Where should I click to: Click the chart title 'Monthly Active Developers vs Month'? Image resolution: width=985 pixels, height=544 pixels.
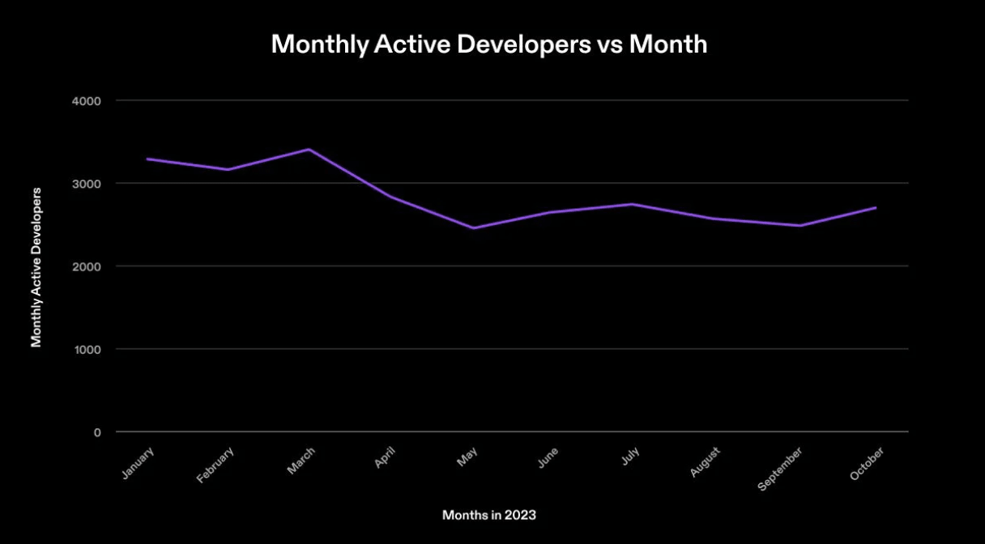[489, 44]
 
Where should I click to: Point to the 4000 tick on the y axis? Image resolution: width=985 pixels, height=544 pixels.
[86, 101]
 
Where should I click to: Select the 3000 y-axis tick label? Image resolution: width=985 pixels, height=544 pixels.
[86, 184]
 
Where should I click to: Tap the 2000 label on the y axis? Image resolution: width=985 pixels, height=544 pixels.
[86, 266]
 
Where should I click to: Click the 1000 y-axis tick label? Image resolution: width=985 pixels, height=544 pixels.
[86, 350]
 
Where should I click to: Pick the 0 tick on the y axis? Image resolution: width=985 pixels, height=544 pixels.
[97, 432]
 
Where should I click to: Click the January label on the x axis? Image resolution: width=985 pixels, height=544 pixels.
[138, 464]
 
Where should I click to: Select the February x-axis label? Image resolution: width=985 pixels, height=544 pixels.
[215, 465]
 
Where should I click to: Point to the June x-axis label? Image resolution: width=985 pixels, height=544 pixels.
[548, 459]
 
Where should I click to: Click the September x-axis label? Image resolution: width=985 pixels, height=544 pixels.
[780, 469]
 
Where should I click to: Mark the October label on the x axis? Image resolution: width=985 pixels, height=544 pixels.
[867, 463]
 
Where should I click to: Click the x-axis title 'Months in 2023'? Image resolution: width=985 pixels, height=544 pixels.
[489, 515]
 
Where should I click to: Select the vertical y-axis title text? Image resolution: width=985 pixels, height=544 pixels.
[36, 266]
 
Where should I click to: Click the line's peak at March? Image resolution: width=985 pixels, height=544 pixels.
[309, 150]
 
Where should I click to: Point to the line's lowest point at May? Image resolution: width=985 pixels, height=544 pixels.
[473, 228]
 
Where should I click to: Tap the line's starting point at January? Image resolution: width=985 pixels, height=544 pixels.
[147, 159]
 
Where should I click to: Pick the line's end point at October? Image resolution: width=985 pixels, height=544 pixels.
[876, 208]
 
